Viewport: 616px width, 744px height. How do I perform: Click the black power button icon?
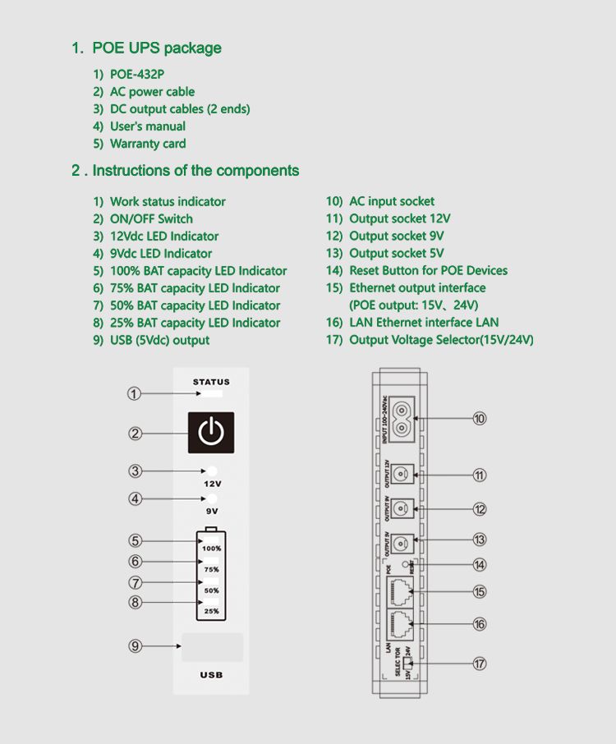coord(211,433)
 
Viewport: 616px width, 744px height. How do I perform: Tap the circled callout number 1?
coord(134,394)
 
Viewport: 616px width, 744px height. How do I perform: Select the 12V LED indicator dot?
coord(212,471)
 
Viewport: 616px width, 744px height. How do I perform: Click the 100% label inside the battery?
coord(211,549)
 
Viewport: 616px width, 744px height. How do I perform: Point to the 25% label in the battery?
coord(211,611)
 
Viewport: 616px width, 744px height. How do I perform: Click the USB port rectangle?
coord(212,647)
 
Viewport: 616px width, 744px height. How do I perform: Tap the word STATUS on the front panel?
coord(211,382)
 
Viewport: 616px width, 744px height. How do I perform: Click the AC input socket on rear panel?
coord(402,418)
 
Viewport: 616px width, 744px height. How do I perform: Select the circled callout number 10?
coord(480,419)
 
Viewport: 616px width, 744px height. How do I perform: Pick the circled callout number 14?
coord(480,565)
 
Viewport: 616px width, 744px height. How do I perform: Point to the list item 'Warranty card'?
coord(148,144)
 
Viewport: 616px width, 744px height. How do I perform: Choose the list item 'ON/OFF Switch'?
coord(151,219)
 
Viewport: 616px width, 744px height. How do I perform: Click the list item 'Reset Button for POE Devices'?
coord(428,271)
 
